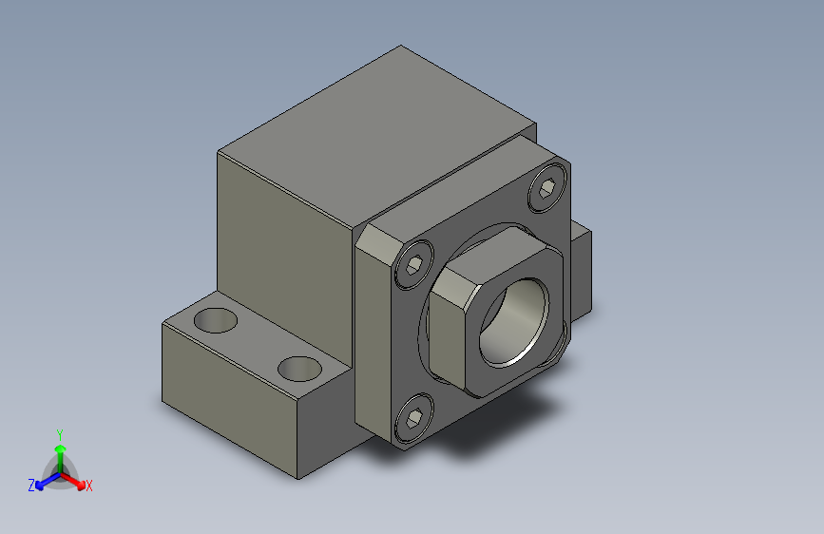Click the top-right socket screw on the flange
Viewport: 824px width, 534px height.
coord(547,191)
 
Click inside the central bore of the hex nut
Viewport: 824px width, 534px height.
coord(513,323)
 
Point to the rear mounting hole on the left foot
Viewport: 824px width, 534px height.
coord(217,320)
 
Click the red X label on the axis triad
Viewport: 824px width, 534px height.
coord(89,486)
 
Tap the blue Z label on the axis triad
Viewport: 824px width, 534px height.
coord(31,486)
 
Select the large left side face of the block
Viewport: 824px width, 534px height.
coord(285,247)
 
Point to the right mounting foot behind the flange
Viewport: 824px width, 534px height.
coord(581,271)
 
